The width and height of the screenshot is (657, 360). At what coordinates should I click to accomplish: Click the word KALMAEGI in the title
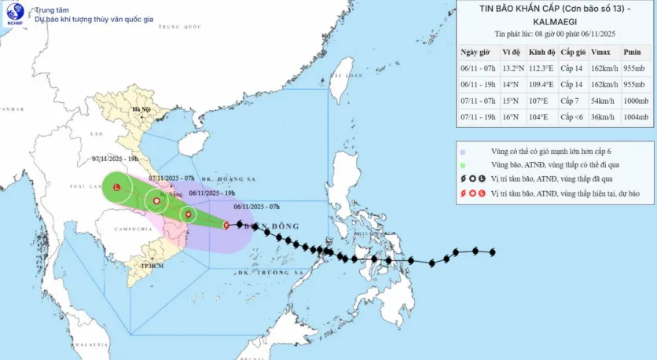[x=556, y=21]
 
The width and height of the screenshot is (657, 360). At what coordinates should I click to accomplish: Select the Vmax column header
[x=600, y=52]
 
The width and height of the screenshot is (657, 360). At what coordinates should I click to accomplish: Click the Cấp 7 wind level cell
[x=569, y=101]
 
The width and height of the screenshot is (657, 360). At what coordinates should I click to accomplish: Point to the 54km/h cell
[x=600, y=101]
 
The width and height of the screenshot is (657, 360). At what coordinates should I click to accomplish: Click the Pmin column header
[x=632, y=52]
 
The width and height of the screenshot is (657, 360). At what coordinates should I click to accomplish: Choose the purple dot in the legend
[x=464, y=152]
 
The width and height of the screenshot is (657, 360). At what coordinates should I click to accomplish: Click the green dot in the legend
[x=464, y=166]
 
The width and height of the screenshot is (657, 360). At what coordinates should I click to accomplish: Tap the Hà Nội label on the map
[x=141, y=109]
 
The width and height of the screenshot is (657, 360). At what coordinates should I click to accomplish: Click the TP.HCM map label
[x=151, y=266]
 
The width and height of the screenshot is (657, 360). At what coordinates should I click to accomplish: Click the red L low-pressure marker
[x=117, y=188]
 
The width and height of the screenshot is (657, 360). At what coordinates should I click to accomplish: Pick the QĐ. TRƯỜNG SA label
[x=279, y=271]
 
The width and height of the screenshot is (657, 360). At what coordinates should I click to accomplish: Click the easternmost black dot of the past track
[x=493, y=252]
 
